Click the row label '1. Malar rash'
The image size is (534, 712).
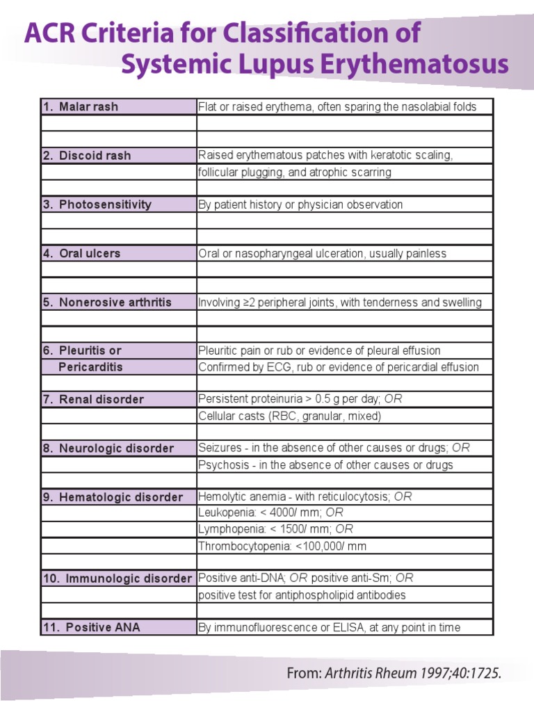pyautogui.click(x=80, y=106)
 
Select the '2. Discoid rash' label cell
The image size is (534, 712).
pyautogui.click(x=86, y=155)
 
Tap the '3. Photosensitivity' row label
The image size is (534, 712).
pyautogui.click(x=97, y=204)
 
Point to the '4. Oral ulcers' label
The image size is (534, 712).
pyautogui.click(x=81, y=253)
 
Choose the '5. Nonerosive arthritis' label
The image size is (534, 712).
pyautogui.click(x=107, y=302)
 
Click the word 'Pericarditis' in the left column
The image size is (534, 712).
pyautogui.click(x=90, y=367)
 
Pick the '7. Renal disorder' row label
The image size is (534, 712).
pyautogui.click(x=93, y=399)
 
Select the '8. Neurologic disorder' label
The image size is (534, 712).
pyautogui.click(x=108, y=448)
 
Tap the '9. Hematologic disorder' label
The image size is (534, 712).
pyautogui.click(x=113, y=497)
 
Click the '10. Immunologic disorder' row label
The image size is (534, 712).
pyautogui.click(x=117, y=578)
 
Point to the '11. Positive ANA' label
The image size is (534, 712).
pyautogui.click(x=91, y=627)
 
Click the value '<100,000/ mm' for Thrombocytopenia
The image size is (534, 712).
pyautogui.click(x=330, y=547)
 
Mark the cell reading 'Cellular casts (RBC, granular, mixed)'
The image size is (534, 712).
pyautogui.click(x=290, y=416)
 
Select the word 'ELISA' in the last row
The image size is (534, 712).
pyautogui.click(x=337, y=628)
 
